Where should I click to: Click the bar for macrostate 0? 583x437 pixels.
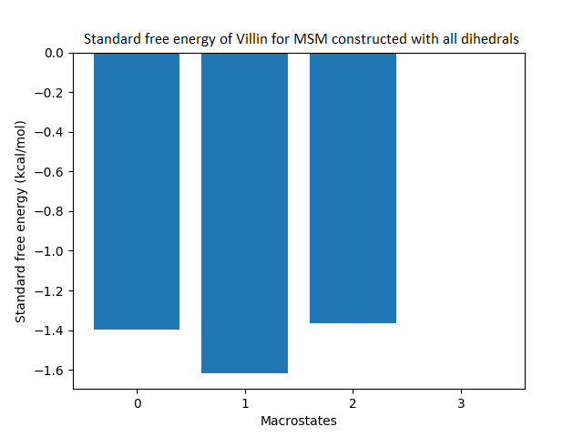[137, 191]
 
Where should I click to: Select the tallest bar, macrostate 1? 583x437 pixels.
[244, 213]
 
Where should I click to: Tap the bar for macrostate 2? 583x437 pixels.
[353, 188]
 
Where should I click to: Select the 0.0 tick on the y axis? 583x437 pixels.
[56, 53]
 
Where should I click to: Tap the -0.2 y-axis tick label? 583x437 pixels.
[53, 93]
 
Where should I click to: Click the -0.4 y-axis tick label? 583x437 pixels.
[53, 132]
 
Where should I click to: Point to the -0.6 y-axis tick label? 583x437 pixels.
[53, 172]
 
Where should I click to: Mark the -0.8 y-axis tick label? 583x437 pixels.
[53, 211]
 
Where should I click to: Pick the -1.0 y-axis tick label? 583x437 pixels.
[53, 251]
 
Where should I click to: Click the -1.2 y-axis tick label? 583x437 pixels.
[53, 291]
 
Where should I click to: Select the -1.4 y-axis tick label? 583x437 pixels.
[53, 330]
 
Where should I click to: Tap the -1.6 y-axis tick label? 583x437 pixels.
[53, 371]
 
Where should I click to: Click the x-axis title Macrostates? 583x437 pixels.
[299, 421]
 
